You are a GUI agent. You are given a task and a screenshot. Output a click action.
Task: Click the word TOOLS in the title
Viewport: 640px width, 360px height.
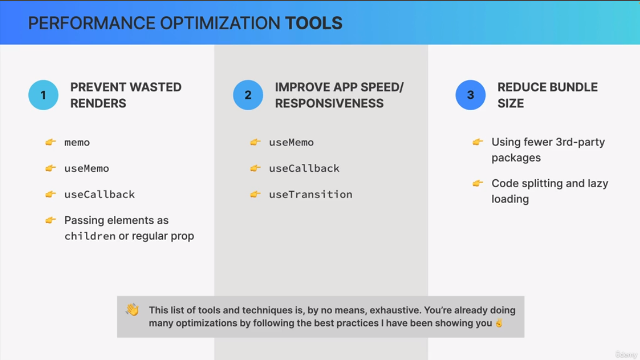tap(313, 23)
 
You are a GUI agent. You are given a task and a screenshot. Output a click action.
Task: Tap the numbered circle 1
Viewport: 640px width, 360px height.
tap(43, 95)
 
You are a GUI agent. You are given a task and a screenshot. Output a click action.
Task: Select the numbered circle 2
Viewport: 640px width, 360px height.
tap(248, 95)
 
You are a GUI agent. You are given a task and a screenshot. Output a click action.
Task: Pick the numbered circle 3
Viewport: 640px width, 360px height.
tap(471, 95)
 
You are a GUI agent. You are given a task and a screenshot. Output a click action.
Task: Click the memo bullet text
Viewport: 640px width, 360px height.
tap(77, 142)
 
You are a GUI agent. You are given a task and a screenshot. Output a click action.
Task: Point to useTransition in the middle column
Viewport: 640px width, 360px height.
tap(311, 194)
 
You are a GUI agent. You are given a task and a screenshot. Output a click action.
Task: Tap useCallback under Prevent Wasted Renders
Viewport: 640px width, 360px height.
tap(99, 194)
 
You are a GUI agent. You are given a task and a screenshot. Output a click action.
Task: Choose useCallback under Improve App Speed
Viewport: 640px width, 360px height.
tap(304, 168)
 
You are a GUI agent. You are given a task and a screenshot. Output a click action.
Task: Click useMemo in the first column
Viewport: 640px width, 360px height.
tap(86, 168)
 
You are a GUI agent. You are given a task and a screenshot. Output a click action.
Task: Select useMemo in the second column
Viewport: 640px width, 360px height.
tap(292, 142)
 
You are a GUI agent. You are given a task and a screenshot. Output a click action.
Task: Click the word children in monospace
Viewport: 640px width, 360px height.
tap(90, 236)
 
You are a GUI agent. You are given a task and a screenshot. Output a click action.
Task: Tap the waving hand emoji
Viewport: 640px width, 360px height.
tap(132, 310)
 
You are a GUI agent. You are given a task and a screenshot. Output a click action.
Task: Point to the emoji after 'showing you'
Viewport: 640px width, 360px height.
tap(499, 323)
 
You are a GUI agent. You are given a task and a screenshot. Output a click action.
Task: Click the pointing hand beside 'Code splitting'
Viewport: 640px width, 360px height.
tap(478, 184)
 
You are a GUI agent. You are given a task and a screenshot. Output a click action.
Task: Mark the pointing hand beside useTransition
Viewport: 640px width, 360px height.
tap(255, 194)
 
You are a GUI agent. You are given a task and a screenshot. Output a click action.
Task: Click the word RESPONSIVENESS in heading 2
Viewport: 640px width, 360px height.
tap(329, 104)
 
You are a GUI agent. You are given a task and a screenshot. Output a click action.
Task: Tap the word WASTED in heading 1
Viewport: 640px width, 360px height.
tap(155, 87)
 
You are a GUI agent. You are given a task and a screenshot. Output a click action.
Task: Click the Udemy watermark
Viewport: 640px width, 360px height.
tap(626, 354)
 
